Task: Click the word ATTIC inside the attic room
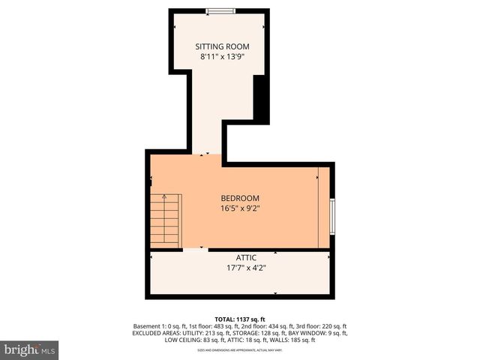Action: click(241, 258)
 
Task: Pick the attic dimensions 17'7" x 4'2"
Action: click(241, 268)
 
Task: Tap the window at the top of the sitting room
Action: click(220, 10)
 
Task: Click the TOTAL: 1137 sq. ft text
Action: click(240, 318)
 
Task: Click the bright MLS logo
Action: click(30, 349)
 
